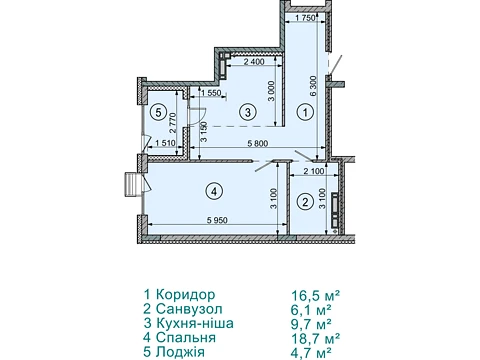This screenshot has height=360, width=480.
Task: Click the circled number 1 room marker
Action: (x=305, y=113)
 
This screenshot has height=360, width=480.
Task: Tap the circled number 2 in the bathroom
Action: (x=305, y=202)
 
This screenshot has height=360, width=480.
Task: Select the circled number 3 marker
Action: (x=248, y=112)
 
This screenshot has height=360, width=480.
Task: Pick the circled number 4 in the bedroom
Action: (x=214, y=191)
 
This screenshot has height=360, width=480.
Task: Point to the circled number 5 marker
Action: (x=158, y=112)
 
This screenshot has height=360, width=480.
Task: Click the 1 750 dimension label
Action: (x=305, y=18)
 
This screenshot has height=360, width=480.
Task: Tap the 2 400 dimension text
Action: (x=254, y=61)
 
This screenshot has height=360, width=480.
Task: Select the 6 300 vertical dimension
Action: (x=313, y=86)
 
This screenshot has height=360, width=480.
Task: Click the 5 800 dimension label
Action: (x=258, y=144)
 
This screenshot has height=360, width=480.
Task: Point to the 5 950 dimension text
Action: (x=217, y=220)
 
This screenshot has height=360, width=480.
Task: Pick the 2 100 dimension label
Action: (x=313, y=171)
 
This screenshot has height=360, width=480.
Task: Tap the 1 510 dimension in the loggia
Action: (x=166, y=143)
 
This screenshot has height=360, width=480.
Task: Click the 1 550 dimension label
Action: (x=212, y=93)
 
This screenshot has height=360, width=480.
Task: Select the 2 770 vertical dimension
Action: (x=173, y=124)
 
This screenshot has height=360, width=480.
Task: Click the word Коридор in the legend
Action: (x=185, y=295)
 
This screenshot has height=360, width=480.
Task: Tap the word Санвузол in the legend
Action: (x=189, y=309)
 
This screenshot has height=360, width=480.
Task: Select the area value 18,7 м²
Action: (x=315, y=338)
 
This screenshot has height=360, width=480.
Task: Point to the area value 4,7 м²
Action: (x=311, y=352)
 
